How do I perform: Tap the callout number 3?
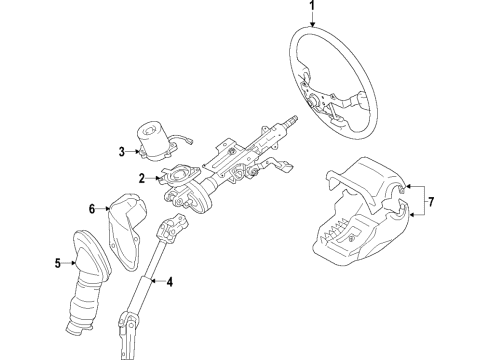point(121,152)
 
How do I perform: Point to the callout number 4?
point(169,283)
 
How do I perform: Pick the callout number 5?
point(58,264)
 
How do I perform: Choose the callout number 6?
point(91,209)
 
